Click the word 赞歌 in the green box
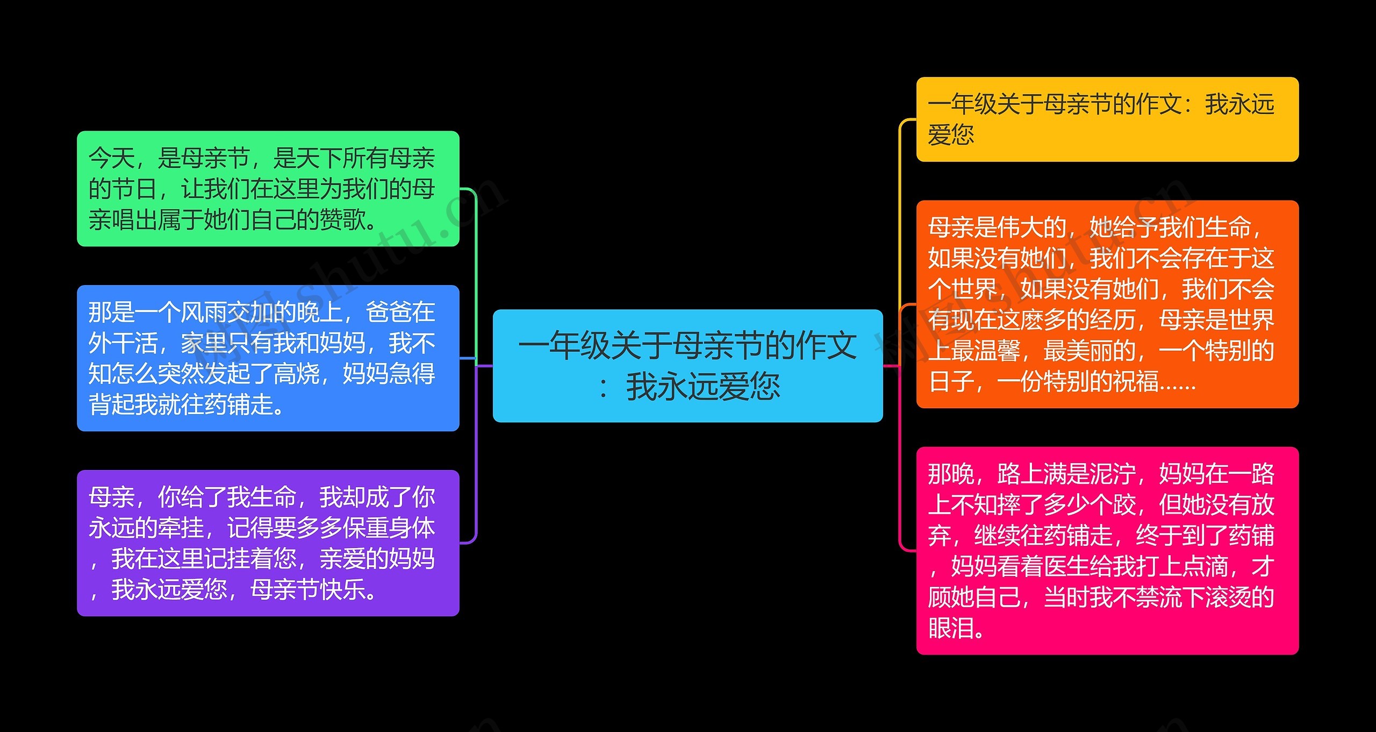342,220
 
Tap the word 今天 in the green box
112,158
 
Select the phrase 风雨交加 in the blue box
226,312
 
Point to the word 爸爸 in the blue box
389,312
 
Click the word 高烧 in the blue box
296,374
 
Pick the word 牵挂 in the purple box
181,528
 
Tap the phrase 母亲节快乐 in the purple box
308,590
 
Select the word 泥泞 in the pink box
1112,474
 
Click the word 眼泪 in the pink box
951,628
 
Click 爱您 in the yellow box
951,134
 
